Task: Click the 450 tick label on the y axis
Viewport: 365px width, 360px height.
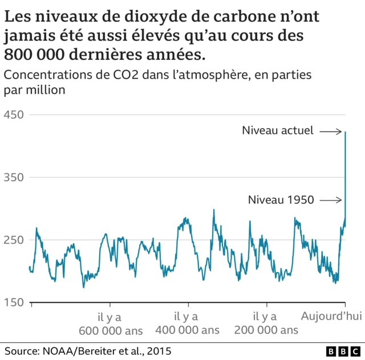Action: (14, 115)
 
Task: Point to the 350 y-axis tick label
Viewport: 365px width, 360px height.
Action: (14, 178)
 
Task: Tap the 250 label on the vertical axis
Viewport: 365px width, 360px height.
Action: (14, 240)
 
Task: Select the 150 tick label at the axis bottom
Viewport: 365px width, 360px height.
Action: (14, 302)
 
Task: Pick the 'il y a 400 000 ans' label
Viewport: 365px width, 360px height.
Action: (186, 323)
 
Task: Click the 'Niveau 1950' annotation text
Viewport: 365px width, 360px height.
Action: (281, 200)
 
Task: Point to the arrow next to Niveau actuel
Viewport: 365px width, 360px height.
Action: (330, 132)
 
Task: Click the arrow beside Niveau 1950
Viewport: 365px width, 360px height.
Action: (330, 200)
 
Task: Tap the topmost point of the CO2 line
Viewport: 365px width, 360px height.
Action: (346, 132)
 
